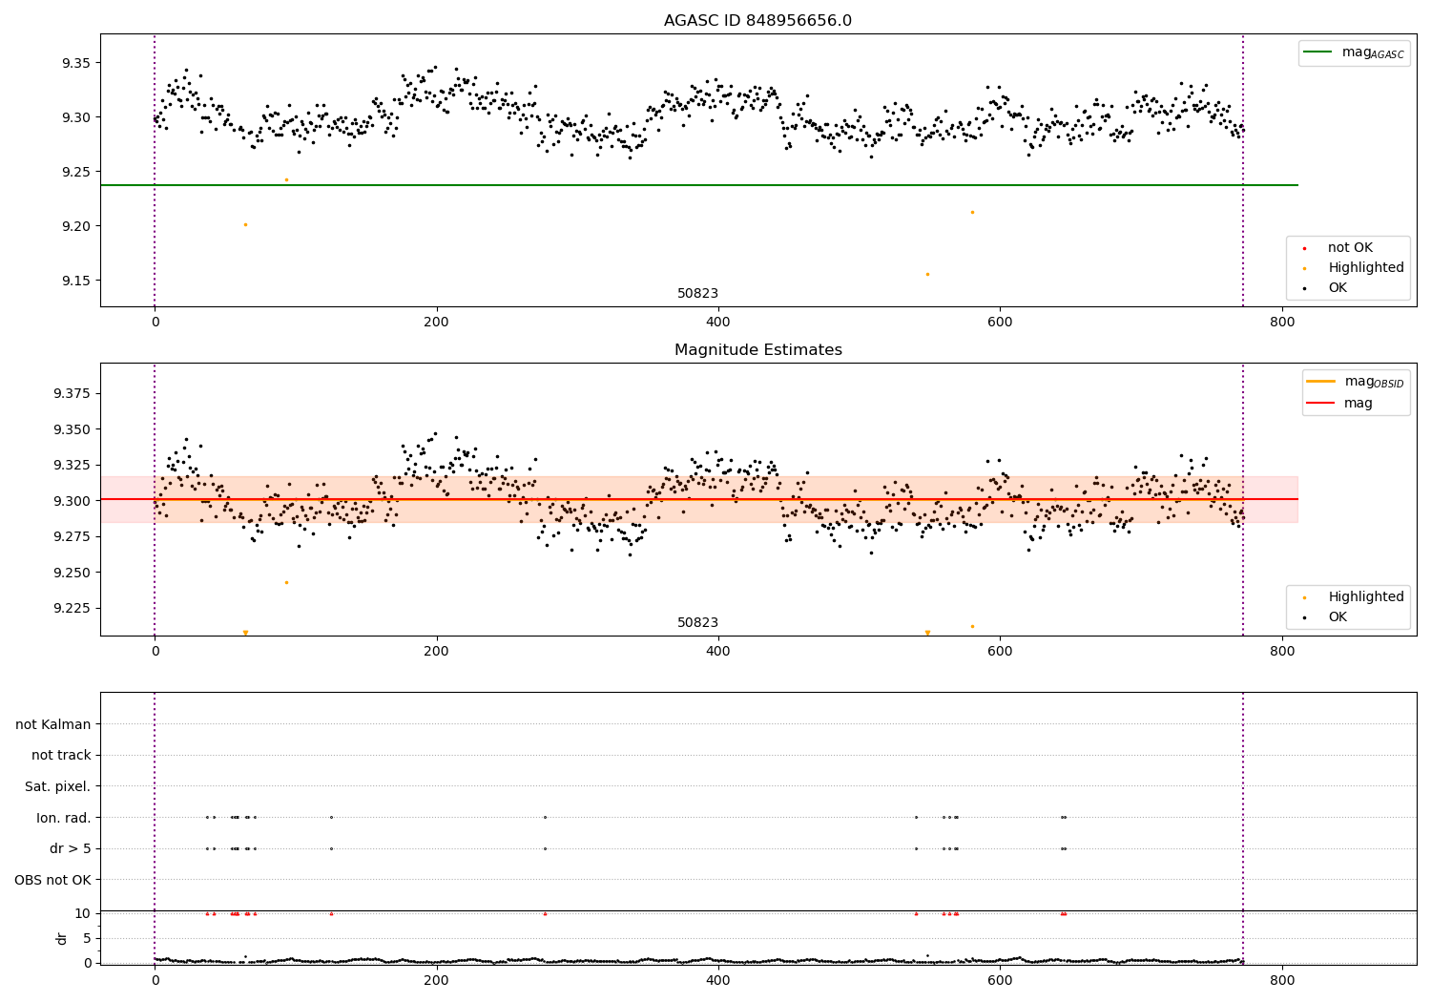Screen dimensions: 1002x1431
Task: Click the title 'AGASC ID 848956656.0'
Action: [x=757, y=21]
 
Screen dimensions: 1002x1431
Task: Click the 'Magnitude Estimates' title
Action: [x=757, y=350]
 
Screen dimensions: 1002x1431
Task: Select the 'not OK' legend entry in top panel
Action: [x=1350, y=248]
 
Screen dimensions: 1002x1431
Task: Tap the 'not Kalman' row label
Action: [x=53, y=724]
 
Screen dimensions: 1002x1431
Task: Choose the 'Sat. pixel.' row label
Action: [x=57, y=786]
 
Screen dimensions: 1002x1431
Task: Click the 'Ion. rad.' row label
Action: [x=63, y=818]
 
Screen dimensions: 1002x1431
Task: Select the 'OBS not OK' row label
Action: [x=52, y=880]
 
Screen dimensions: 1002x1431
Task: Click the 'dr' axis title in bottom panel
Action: [x=62, y=938]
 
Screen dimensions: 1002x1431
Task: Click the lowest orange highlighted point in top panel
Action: [x=927, y=274]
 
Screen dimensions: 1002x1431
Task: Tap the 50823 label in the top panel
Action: [x=697, y=294]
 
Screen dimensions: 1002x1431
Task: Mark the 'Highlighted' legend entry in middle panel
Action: [x=1365, y=597]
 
